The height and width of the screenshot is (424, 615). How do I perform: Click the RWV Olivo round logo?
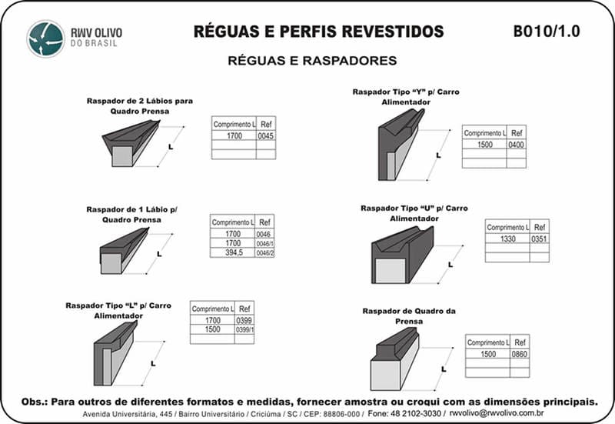click(x=45, y=38)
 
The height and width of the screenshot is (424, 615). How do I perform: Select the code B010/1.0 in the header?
click(x=546, y=32)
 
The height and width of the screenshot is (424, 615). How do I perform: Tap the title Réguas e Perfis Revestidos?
click(x=318, y=32)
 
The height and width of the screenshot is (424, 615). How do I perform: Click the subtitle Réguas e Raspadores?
click(x=312, y=60)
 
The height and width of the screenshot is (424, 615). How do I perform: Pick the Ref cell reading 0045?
click(x=266, y=135)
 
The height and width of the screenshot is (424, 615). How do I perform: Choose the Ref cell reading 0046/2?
click(x=265, y=252)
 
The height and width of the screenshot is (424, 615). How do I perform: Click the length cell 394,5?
click(x=233, y=252)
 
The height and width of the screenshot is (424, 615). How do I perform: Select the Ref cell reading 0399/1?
click(x=244, y=329)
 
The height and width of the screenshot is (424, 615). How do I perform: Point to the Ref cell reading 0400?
click(x=517, y=145)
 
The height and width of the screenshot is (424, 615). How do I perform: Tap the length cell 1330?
click(x=507, y=239)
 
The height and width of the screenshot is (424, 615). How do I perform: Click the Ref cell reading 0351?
click(x=540, y=239)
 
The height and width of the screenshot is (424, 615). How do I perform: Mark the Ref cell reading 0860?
click(x=520, y=354)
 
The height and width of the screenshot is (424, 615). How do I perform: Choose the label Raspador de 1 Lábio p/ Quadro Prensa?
click(x=132, y=214)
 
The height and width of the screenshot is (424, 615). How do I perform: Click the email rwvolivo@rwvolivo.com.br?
click(x=497, y=413)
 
